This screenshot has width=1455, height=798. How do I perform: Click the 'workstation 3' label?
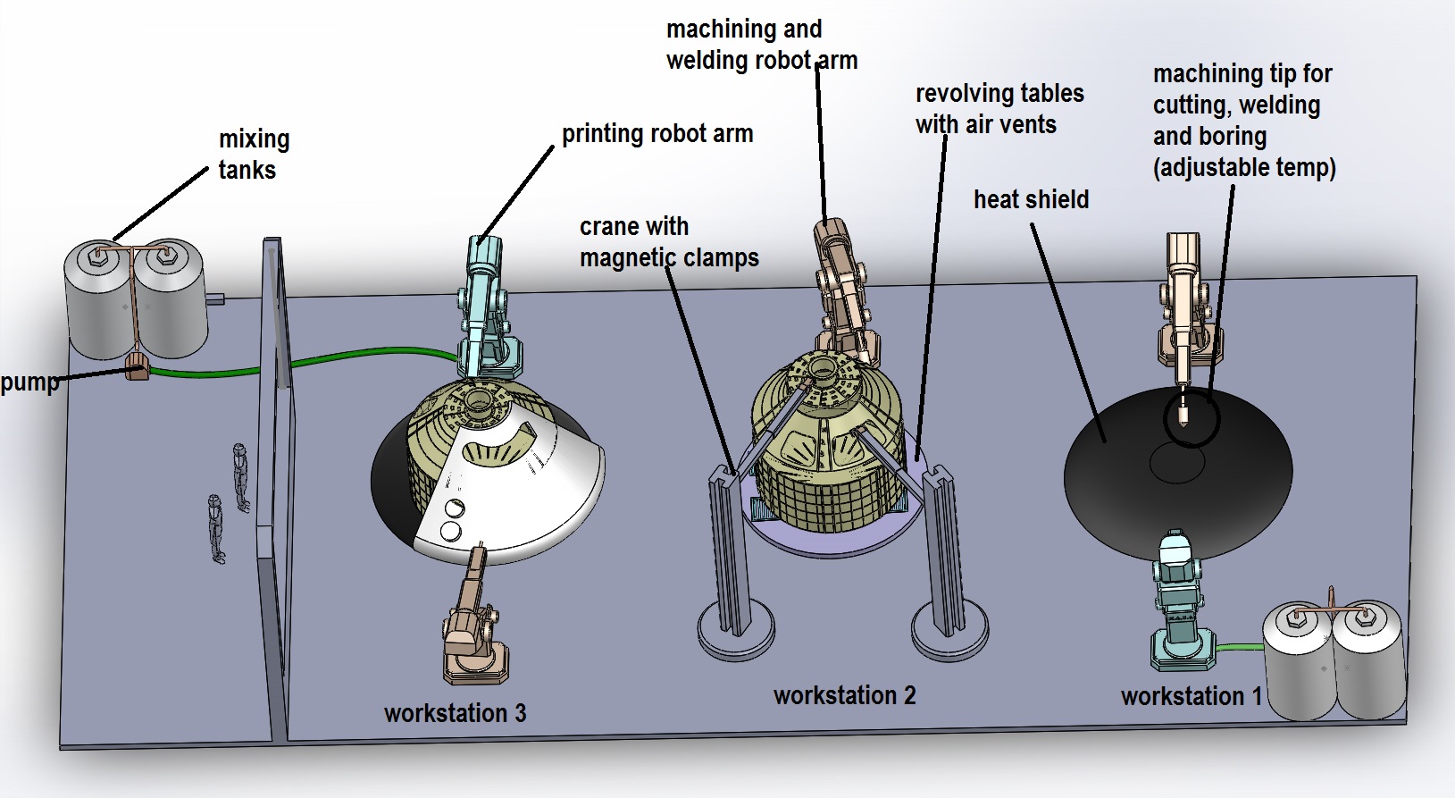455,713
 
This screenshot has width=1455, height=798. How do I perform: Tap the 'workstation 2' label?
844,695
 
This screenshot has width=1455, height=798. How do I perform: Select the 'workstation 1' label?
1191,696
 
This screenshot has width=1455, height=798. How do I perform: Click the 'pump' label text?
29,382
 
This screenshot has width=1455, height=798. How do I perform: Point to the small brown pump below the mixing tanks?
137,366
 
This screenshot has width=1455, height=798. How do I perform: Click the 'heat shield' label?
1031,199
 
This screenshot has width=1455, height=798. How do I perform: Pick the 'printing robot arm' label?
656,134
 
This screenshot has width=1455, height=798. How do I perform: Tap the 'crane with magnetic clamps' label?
668,242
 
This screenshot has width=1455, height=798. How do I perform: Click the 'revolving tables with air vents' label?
999,109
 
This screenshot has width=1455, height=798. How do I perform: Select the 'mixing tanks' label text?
253,155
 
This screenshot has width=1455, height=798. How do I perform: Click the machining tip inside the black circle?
1184,411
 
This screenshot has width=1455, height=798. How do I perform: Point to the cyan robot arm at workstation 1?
1180,599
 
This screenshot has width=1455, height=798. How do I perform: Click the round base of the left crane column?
734,631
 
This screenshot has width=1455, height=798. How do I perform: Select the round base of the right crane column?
949,631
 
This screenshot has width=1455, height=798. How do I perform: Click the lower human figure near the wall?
216,529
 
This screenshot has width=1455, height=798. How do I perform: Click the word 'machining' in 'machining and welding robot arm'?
709,29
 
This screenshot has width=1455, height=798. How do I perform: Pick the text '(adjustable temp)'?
1243,168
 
